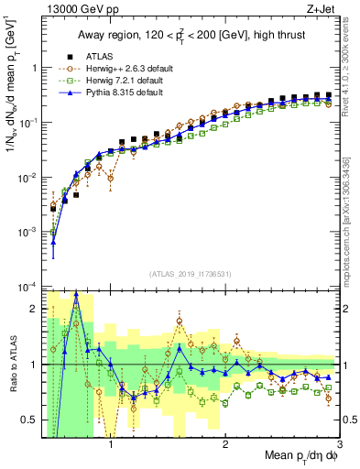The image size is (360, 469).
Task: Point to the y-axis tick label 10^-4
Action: click(x=28, y=288)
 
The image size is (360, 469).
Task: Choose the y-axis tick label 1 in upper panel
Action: click(x=35, y=68)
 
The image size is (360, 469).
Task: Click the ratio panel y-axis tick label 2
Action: click(x=34, y=309)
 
